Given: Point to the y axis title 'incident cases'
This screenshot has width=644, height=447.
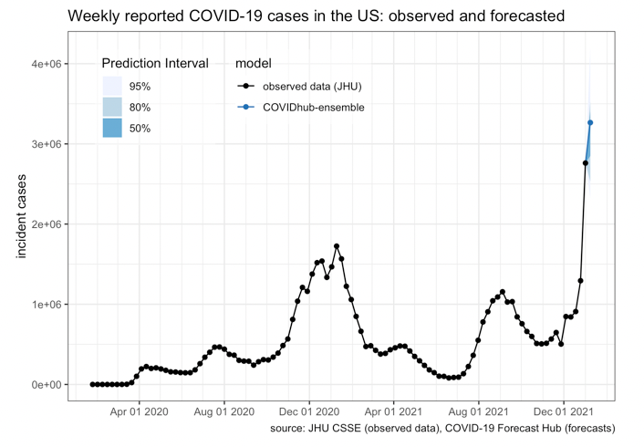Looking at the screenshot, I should click(23, 215).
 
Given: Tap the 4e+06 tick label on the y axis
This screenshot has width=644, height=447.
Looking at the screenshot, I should click(47, 64).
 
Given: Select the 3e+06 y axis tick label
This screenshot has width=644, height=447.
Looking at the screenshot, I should click(47, 144).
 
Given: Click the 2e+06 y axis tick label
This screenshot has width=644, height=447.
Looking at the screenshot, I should click(47, 224).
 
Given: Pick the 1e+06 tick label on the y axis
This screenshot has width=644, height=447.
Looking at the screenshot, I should click(47, 305).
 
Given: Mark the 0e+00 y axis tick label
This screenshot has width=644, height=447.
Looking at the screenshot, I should click(47, 385).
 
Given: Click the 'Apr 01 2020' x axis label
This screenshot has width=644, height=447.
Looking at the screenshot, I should click(140, 411).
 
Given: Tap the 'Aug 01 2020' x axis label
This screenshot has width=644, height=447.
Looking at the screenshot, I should click(224, 411).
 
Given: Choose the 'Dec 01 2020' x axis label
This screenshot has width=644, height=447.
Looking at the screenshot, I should click(309, 411).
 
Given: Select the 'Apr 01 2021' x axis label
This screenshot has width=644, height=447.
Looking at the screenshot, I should click(393, 411).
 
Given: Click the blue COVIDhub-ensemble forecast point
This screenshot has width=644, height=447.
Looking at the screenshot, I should click(590, 122).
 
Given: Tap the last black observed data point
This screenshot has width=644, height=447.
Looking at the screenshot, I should click(586, 163).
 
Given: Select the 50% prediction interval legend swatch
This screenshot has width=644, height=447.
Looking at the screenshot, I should click(112, 129).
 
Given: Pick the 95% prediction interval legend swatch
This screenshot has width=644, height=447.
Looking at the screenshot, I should click(112, 87).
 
